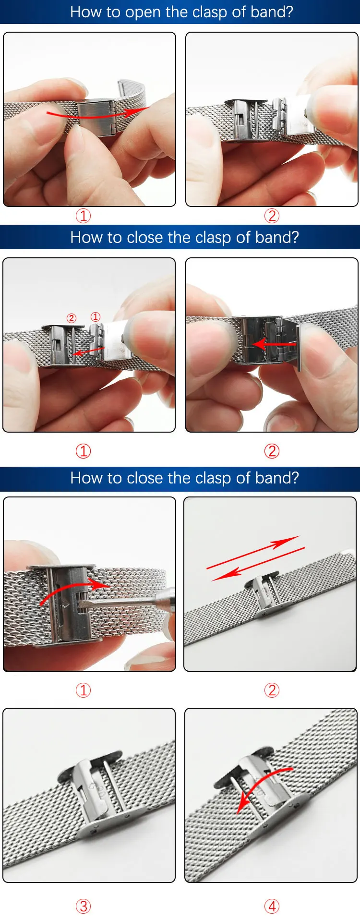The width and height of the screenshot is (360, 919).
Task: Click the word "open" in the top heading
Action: click(143, 12)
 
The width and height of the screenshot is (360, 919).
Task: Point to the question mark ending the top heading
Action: click(288, 12)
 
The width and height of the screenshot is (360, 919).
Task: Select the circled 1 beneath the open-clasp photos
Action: click(83, 216)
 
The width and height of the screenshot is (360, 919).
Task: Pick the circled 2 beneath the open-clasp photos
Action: click(272, 216)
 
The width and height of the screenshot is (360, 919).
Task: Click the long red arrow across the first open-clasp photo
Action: click(96, 114)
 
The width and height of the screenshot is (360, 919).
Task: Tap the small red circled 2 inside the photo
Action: click(71, 318)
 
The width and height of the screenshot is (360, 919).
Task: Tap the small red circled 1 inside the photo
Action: click(96, 317)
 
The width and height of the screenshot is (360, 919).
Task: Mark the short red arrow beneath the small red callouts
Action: click(89, 351)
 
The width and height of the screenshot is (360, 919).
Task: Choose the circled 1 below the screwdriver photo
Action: click(83, 690)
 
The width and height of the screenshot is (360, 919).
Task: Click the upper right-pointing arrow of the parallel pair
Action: click(253, 552)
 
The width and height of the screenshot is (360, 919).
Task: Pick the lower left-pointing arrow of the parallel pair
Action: click(258, 564)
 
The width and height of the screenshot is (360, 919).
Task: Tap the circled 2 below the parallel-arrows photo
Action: click(272, 690)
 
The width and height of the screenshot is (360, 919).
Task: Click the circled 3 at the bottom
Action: click(83, 907)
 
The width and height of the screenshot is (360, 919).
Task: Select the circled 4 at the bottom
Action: click(272, 907)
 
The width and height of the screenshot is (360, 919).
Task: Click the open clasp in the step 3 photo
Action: click(96, 792)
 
